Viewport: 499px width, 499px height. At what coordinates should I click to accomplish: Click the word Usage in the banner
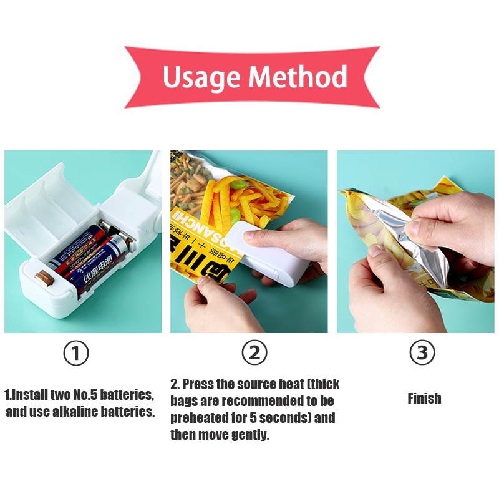[x=201, y=77]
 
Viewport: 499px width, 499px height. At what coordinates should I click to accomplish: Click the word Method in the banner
[x=298, y=77]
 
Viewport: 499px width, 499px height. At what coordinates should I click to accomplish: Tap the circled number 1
[x=76, y=354]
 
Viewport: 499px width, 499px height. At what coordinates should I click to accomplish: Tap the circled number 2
[x=254, y=354]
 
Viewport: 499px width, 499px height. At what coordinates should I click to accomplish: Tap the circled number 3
[x=422, y=354]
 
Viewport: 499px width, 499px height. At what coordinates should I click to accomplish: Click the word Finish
[x=424, y=399]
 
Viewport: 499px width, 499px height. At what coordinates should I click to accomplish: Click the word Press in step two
[x=198, y=384]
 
